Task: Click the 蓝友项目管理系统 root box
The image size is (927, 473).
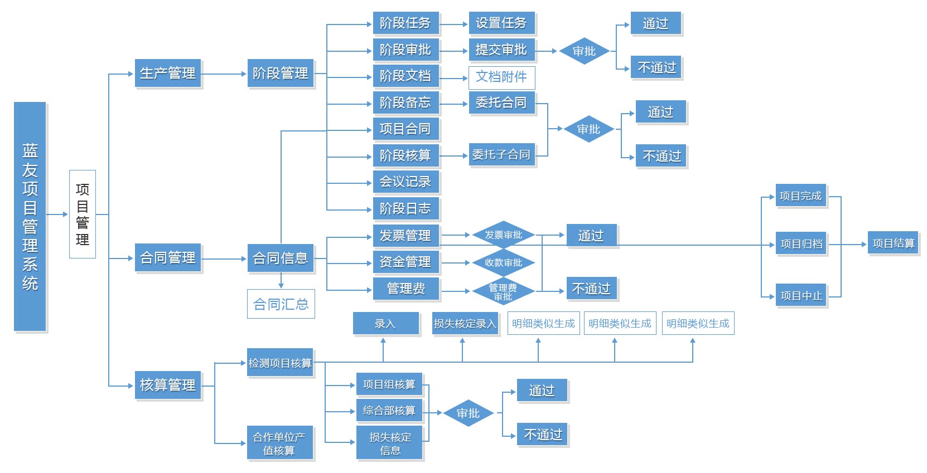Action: click(30, 216)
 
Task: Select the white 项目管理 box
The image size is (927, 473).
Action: click(83, 214)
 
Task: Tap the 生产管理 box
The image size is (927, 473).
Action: click(168, 74)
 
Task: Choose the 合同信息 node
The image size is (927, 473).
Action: click(281, 258)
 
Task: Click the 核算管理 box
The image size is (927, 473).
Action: click(168, 385)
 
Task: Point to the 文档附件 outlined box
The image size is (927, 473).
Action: click(501, 77)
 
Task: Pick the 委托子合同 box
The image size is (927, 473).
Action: click(501, 154)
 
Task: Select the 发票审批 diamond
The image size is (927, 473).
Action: click(503, 235)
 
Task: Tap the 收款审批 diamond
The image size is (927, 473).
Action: click(503, 262)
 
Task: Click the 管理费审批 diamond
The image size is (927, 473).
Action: click(503, 291)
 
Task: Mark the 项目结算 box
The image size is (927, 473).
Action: click(893, 243)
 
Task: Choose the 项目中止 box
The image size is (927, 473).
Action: click(801, 296)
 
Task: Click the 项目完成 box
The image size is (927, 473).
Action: click(800, 196)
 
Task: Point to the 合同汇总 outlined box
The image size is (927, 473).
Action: click(281, 304)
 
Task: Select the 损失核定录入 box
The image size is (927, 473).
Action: click(465, 324)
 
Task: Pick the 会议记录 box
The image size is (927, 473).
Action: click(405, 182)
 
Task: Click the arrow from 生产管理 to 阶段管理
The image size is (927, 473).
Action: click(224, 74)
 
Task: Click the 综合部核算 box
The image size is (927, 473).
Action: click(389, 411)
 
